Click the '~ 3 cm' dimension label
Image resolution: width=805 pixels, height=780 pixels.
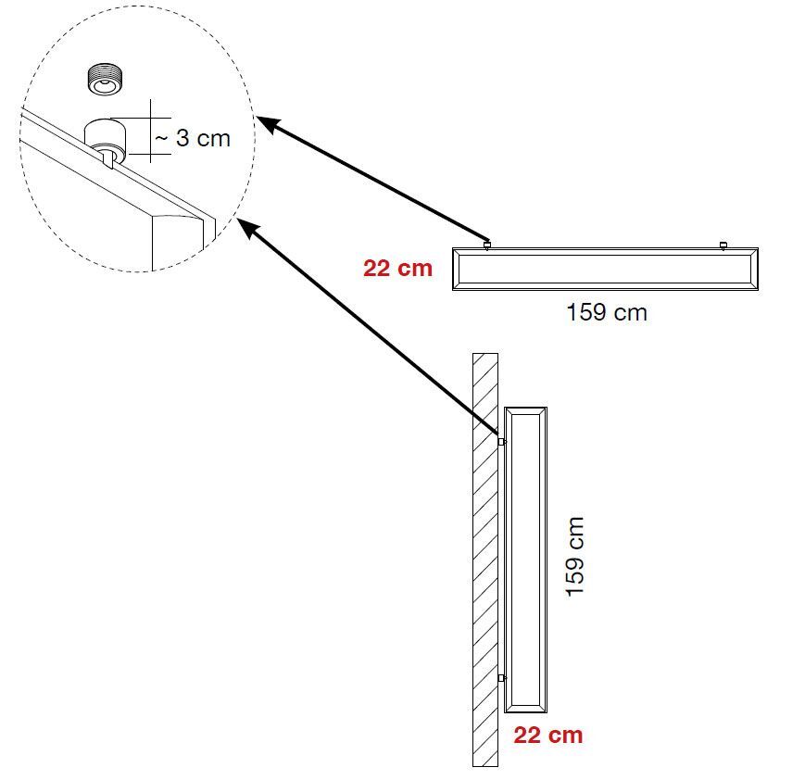192,139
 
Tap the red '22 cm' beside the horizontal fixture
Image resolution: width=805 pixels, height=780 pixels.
398,269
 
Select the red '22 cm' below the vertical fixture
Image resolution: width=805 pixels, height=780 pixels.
548,736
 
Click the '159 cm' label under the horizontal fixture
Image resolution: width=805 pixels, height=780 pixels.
607,312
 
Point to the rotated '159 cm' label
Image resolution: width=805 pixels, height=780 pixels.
575,557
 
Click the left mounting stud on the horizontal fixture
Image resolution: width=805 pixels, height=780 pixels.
487,245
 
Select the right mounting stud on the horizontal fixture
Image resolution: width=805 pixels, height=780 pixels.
723,245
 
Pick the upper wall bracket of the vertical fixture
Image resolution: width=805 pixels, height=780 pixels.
501,442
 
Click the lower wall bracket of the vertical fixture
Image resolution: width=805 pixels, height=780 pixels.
501,678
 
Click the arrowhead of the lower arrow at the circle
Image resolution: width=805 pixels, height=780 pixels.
245,227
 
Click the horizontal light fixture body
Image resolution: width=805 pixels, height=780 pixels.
606,270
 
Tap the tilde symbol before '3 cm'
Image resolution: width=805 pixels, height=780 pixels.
161,139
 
